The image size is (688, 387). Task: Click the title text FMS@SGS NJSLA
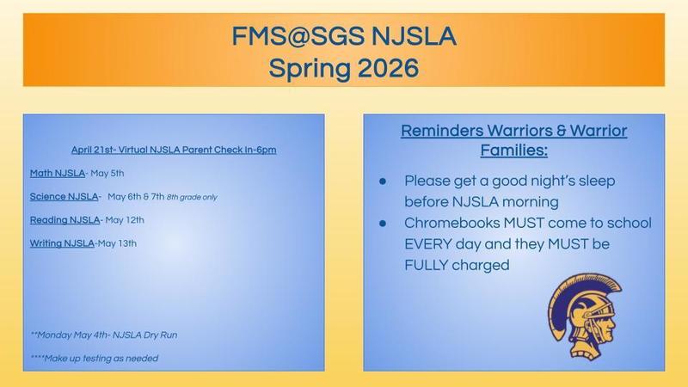click(343, 37)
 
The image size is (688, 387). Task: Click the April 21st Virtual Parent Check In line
click(174, 150)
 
